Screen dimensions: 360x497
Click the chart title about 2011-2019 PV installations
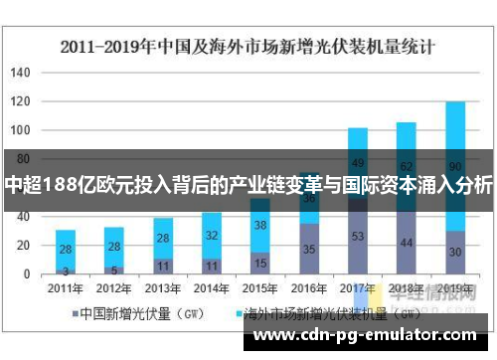pyautogui.click(x=248, y=46)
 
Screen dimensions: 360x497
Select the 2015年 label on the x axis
pyautogui.click(x=260, y=287)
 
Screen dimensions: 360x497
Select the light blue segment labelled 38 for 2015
pyautogui.click(x=260, y=225)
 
